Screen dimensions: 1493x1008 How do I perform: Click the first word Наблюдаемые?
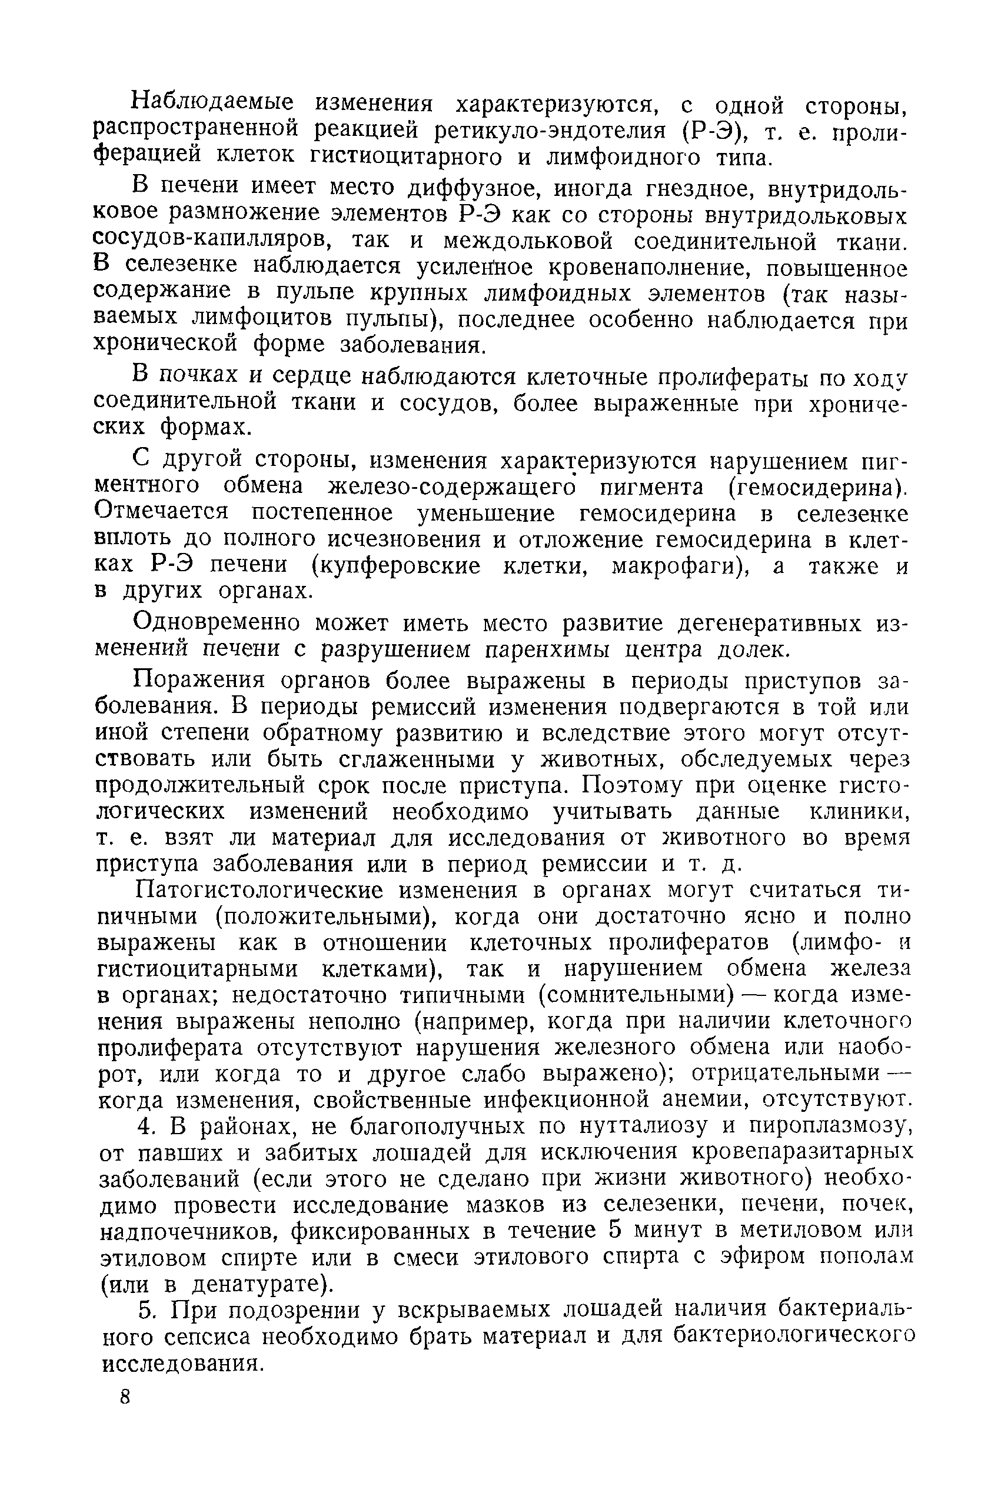211,103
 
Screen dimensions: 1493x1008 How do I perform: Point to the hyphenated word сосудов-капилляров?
211,241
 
